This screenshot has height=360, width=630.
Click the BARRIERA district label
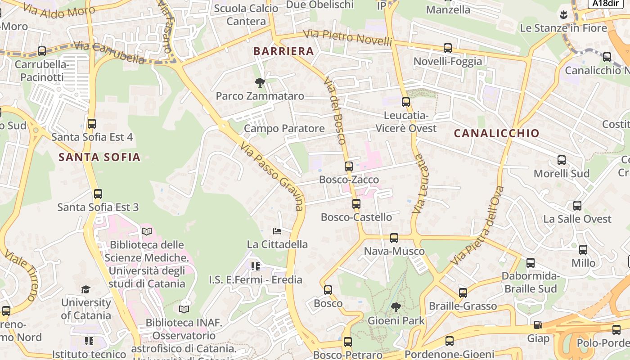pos(283,51)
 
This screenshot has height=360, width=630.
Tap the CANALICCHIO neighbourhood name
pos(496,133)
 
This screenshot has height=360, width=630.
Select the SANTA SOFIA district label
pos(99,157)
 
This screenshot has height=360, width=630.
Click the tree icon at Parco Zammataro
pos(260,83)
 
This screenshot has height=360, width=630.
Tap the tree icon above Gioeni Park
pos(396,307)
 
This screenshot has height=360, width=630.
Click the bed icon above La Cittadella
pos(277,231)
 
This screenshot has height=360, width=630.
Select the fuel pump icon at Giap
pos(538,325)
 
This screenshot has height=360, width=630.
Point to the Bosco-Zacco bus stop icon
pos(349,166)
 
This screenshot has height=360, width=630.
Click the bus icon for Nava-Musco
pos(394,238)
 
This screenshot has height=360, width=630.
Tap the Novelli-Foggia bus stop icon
pos(448,48)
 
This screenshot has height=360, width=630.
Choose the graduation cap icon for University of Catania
pos(85,289)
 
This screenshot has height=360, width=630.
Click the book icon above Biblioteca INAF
pos(184,309)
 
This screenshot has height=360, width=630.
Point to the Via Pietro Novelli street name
pos(347,37)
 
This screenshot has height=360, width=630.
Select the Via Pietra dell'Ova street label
pos(477,225)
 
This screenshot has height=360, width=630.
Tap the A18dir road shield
pos(605,3)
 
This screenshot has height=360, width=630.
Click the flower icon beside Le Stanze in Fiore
pos(562,15)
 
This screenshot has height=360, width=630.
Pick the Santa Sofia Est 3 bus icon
pos(98,194)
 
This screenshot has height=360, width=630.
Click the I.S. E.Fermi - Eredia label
pos(256,279)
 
